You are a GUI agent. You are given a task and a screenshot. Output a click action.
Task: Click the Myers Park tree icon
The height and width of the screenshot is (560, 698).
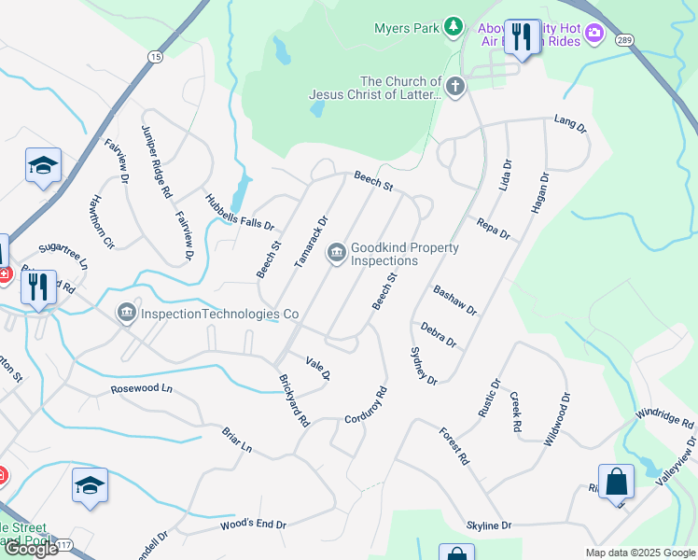point(454,27)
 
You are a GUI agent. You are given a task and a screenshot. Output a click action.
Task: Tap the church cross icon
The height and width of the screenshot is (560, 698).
point(454,88)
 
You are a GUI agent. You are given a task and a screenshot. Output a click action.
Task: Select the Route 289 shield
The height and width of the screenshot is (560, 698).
point(625,39)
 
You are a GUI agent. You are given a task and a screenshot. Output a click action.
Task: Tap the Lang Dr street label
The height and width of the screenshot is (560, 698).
point(568,123)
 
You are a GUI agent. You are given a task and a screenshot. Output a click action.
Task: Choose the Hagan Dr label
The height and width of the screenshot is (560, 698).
point(539,193)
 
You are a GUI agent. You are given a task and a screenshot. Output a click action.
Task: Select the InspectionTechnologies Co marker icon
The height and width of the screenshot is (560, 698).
point(125,314)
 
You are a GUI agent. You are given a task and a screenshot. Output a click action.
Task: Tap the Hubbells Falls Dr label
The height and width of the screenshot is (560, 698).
point(240,211)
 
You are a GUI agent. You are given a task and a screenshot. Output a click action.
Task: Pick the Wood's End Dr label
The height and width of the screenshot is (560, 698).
point(253,525)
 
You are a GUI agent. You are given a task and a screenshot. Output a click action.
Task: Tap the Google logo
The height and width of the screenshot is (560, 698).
point(32,549)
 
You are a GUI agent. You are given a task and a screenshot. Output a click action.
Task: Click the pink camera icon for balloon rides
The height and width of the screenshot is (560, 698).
point(594,35)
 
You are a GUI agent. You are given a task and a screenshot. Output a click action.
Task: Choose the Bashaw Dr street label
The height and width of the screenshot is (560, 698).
point(454,301)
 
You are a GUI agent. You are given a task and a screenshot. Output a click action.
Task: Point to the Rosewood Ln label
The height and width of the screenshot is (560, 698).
point(142,387)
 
